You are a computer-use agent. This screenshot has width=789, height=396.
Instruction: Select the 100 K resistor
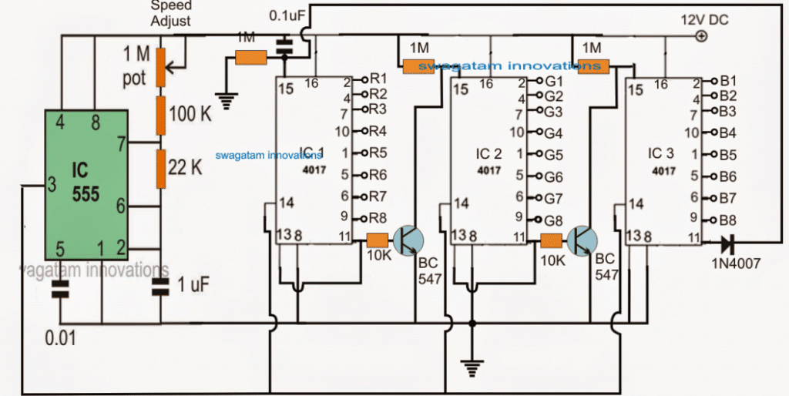click(161, 114)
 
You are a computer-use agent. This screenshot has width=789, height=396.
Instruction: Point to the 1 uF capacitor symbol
click(161, 287)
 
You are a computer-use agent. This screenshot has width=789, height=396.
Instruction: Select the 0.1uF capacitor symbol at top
click(285, 45)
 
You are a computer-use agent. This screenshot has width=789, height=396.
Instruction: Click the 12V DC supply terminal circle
click(700, 36)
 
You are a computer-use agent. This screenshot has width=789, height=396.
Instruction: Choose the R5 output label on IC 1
click(378, 153)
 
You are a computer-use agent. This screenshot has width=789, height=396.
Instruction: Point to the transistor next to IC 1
click(406, 240)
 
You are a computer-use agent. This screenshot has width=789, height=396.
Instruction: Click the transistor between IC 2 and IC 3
click(580, 240)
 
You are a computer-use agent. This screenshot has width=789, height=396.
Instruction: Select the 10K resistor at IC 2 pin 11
click(551, 239)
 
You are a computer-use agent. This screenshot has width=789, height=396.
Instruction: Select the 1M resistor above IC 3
click(594, 66)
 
